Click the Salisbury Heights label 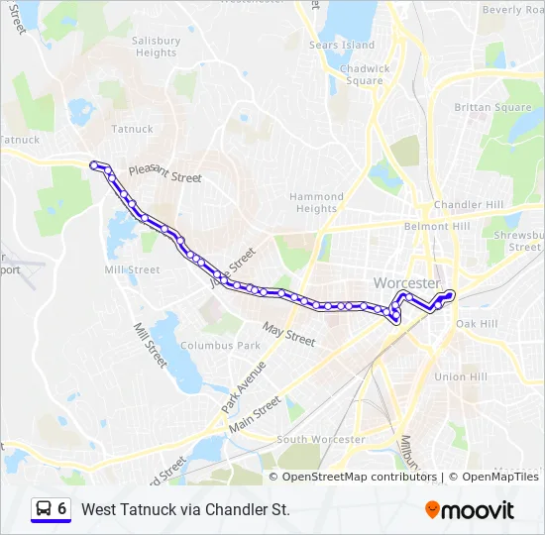coord(157,47)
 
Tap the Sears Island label coord(342,45)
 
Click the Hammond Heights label coord(316,202)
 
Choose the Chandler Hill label coord(468,205)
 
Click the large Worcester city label coord(406,283)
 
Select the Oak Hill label coord(477,324)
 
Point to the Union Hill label coord(462,376)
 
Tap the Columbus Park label coord(226,346)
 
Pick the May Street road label coord(288,334)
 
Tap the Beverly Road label coord(513,9)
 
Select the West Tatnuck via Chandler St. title coord(185,509)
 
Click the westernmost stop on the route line coord(94,164)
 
